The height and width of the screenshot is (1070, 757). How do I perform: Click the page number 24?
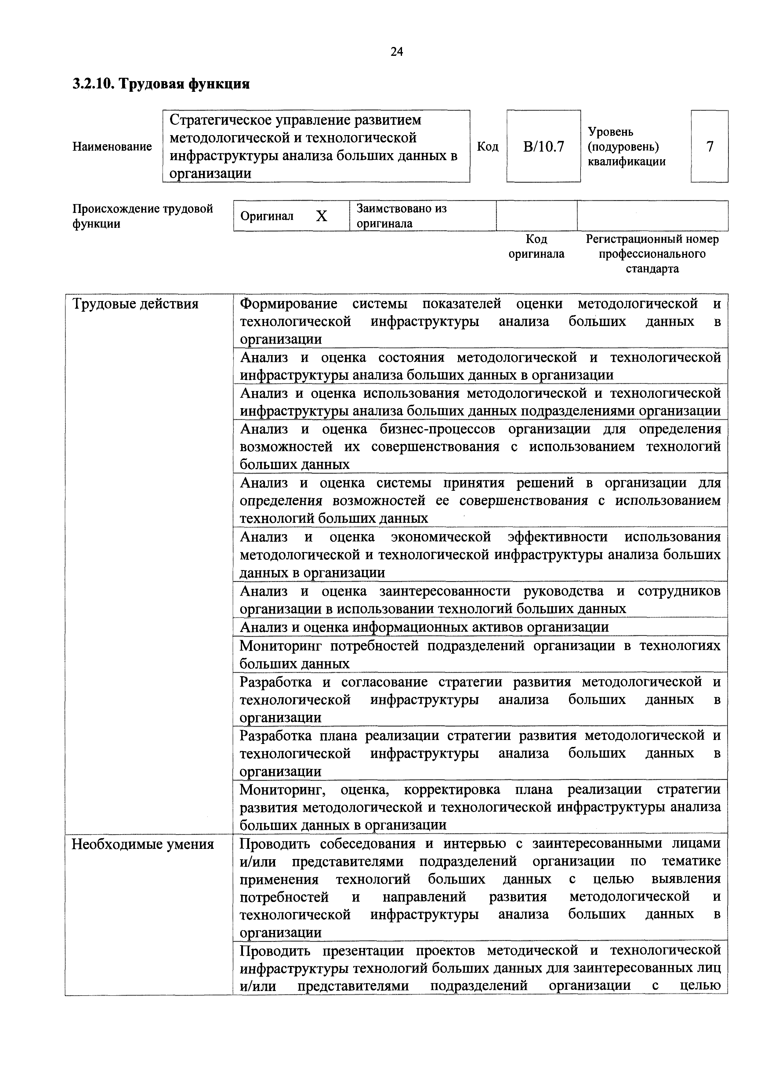click(x=397, y=52)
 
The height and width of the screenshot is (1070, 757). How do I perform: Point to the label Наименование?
click(x=112, y=147)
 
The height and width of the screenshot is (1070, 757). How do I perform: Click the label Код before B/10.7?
click(x=487, y=147)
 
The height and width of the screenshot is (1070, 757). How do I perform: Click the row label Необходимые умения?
click(x=143, y=844)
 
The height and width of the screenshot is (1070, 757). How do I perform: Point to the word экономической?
click(x=441, y=537)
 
